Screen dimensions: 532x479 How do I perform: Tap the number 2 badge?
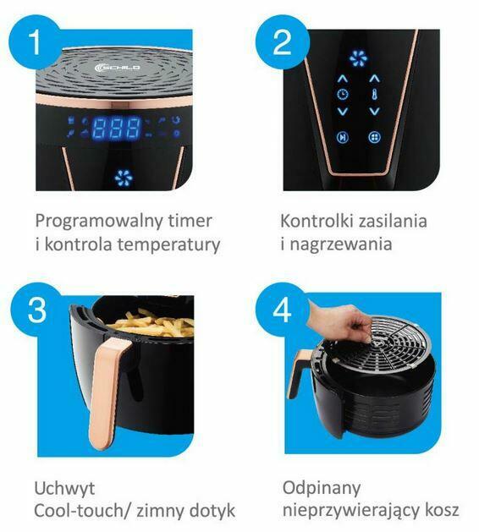283,43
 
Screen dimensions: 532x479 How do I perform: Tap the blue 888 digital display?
117,129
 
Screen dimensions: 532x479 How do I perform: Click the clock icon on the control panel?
342,95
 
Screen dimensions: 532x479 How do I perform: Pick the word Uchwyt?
63,488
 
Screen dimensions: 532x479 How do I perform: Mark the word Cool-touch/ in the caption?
83,511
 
